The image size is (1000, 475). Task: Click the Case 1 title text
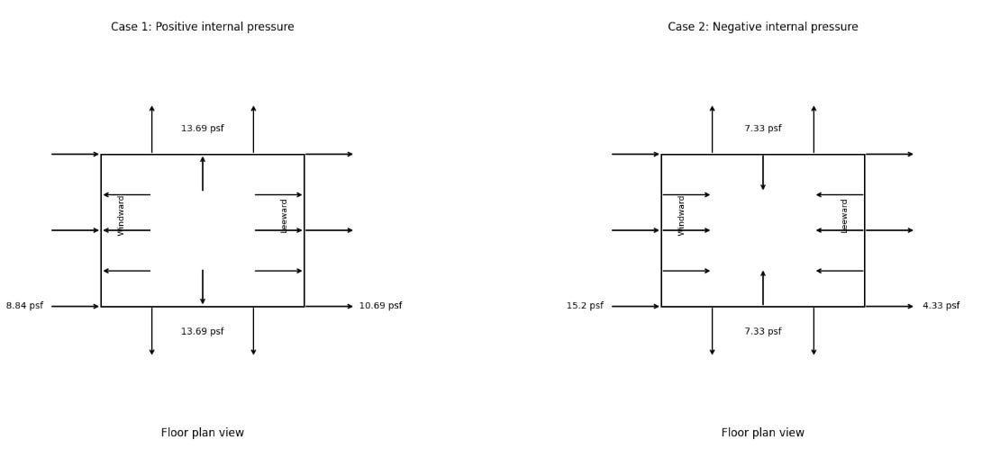tap(202, 27)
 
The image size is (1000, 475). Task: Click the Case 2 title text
tap(762, 27)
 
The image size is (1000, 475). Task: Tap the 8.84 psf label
tap(24, 306)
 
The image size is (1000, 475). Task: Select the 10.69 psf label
tap(380, 306)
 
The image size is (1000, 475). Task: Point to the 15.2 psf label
tap(585, 306)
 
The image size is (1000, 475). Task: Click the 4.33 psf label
tap(941, 306)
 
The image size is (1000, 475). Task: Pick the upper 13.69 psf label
tap(202, 129)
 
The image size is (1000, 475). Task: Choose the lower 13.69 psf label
tap(202, 332)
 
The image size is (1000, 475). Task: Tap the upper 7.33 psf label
tap(762, 129)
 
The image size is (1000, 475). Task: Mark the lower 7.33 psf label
tap(762, 332)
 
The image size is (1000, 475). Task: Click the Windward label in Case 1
tap(121, 216)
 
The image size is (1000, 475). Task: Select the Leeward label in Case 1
tap(284, 216)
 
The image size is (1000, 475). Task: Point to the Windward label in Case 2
tap(681, 216)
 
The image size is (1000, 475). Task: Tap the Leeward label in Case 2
tap(844, 216)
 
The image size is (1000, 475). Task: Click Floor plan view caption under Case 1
tap(202, 433)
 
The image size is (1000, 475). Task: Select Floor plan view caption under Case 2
tap(762, 433)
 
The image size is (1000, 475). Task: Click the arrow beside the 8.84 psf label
tap(76, 307)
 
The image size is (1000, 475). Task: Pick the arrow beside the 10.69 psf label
tap(330, 307)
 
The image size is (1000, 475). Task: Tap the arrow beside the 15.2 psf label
tap(636, 307)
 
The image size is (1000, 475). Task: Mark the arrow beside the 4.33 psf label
tap(890, 307)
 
